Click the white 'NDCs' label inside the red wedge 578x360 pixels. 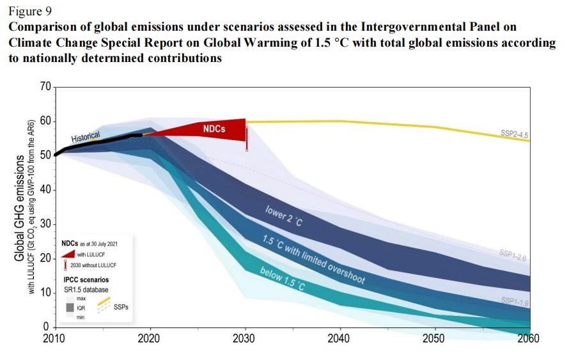coord(213,129)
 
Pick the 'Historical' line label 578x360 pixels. coord(86,137)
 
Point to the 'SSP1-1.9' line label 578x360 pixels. coord(513,301)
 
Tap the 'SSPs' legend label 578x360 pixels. coord(121,308)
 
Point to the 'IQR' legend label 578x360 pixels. coord(81,308)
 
